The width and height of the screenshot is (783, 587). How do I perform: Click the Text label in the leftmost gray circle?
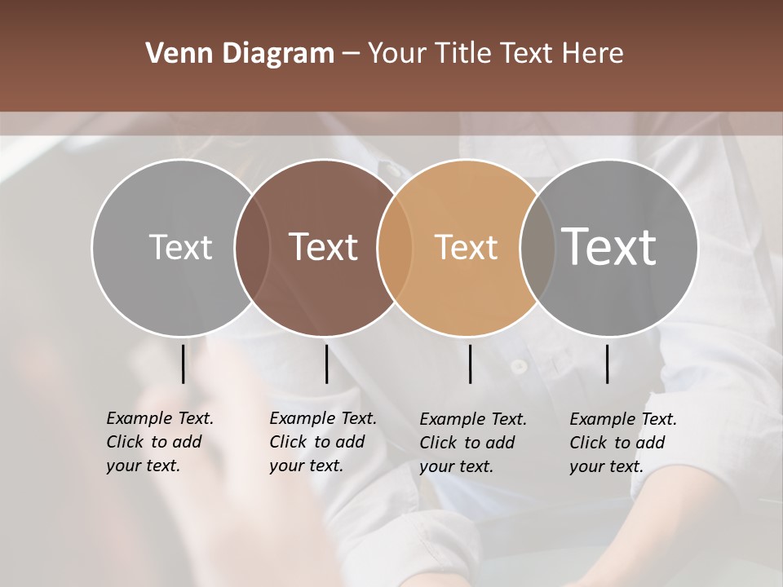coord(180,247)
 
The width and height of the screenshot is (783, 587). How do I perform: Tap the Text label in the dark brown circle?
coord(324,247)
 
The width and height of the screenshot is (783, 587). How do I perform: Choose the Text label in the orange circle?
coord(466,247)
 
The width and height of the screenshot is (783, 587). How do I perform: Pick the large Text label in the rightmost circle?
coord(609,246)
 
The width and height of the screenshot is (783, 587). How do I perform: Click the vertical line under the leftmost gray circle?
coord(183,364)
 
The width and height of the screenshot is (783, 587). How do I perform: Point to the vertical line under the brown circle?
coord(326,364)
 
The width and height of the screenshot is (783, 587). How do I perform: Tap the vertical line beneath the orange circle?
coord(470,364)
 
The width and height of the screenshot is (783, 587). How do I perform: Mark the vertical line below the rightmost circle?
coord(607,364)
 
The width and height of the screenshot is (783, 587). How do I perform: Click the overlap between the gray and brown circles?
coord(253,247)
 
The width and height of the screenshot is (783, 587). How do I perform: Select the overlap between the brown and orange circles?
coord(395,247)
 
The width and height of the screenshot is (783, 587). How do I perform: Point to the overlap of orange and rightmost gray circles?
coord(537,247)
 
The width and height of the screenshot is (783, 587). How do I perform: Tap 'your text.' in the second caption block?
coord(306,466)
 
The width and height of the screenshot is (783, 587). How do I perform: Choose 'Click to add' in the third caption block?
coord(467,443)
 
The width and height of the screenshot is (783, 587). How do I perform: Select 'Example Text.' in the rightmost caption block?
coord(623,419)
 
